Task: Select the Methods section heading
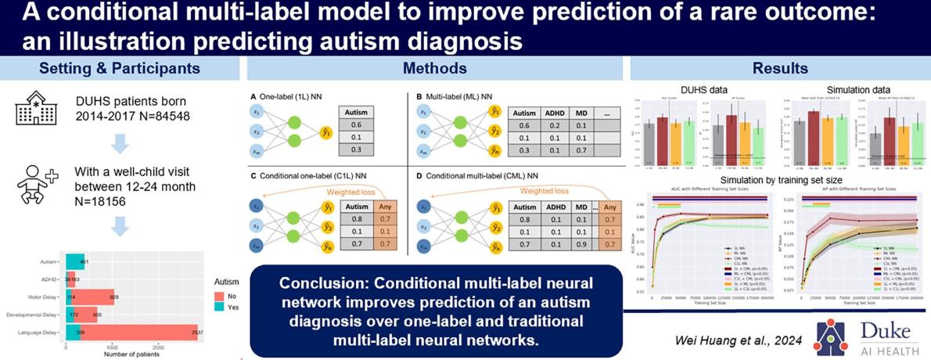pos(434,68)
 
